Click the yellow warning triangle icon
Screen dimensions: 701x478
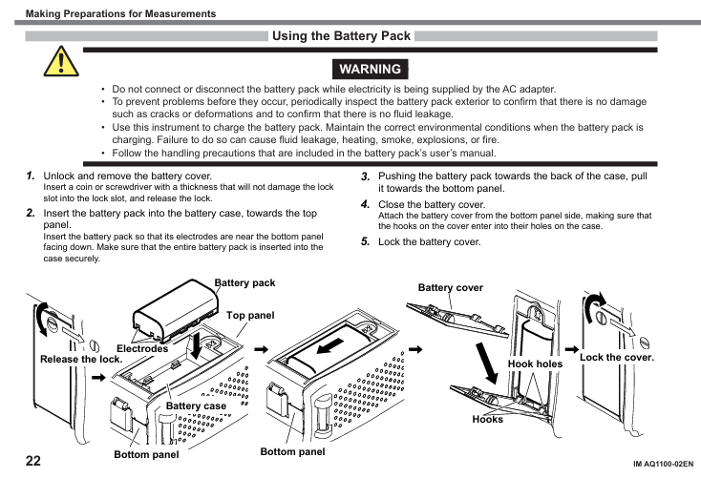[x=61, y=62]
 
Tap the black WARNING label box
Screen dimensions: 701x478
[x=371, y=69]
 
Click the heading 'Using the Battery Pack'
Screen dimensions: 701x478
[x=341, y=35]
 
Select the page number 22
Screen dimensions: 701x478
[x=33, y=461]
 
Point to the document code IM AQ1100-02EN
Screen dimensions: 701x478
[x=663, y=464]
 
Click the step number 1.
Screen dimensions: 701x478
[x=31, y=176]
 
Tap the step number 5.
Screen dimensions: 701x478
[x=365, y=241]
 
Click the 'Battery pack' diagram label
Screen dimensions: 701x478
[x=245, y=282]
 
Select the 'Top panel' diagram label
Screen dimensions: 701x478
[x=250, y=316]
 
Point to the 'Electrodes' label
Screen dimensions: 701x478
[x=142, y=348]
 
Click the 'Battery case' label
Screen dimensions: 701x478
[x=196, y=405]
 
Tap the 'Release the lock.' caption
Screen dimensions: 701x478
[x=81, y=359]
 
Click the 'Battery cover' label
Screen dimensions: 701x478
[x=451, y=288]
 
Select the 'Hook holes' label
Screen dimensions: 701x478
[x=535, y=364]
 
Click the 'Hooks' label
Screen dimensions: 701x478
[x=487, y=420]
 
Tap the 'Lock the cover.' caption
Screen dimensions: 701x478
[x=617, y=358]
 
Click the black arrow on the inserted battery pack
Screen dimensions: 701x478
[x=330, y=345]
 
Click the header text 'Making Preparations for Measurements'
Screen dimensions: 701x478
[x=120, y=13]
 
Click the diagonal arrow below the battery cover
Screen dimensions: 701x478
[x=486, y=364]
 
